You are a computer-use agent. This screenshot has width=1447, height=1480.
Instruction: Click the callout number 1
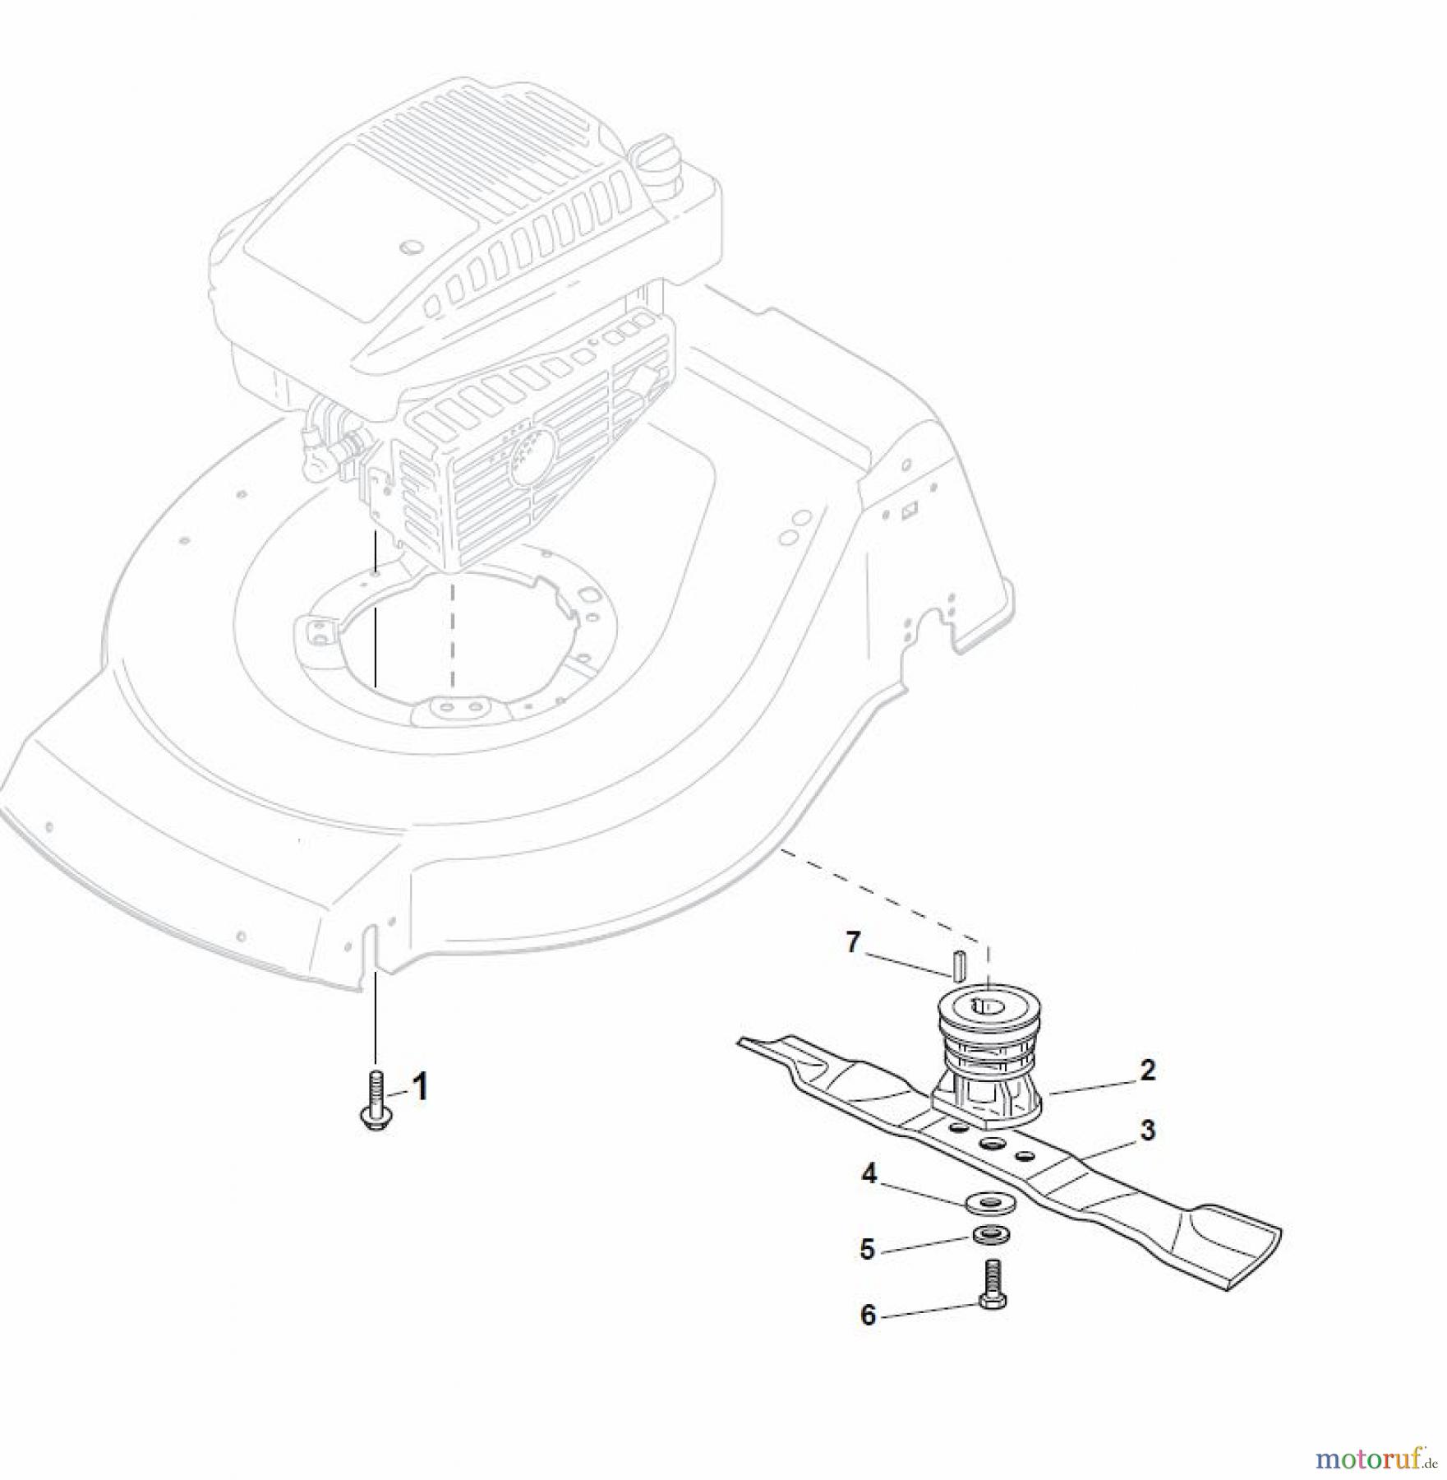[420, 1088]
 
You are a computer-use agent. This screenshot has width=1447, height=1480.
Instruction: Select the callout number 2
[1148, 1070]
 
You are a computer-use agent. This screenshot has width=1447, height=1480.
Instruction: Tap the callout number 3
[1147, 1130]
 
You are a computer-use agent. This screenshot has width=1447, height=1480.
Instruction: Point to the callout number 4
[869, 1174]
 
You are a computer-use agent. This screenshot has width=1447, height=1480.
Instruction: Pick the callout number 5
[867, 1250]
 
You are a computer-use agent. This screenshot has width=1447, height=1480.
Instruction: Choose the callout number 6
[868, 1315]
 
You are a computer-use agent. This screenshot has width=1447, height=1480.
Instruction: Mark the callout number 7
[853, 942]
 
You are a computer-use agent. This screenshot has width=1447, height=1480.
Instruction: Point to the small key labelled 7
[957, 964]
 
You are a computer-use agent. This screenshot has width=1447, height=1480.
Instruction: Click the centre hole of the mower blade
[991, 1144]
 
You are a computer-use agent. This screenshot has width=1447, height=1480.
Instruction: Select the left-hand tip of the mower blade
[740, 1041]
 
